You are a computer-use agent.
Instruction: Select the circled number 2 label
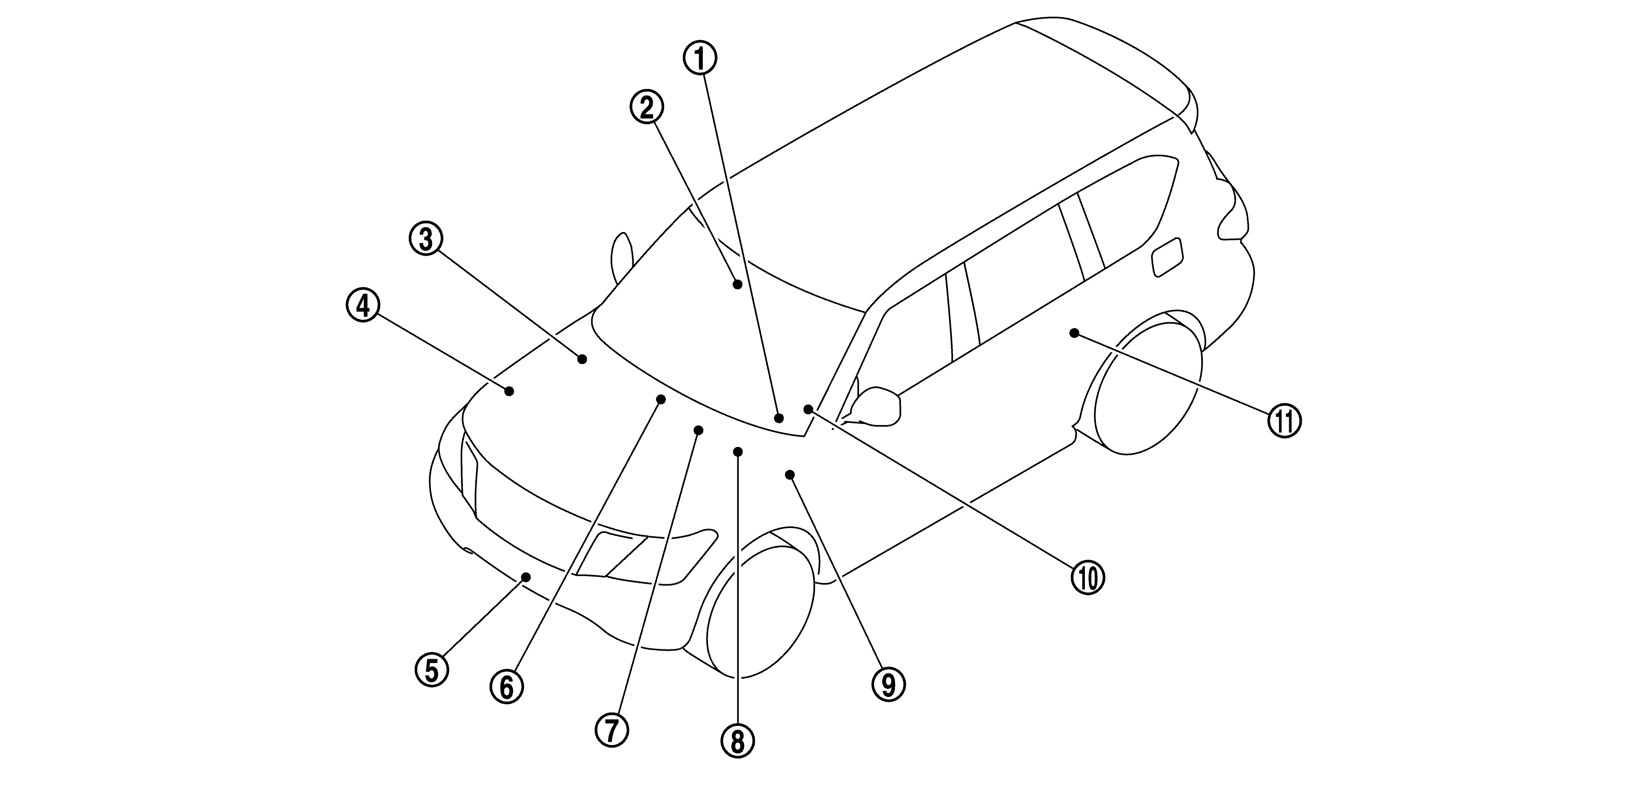pyautogui.click(x=647, y=108)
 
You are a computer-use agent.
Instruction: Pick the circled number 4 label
pyautogui.click(x=363, y=306)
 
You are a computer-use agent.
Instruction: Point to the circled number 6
pyautogui.click(x=507, y=687)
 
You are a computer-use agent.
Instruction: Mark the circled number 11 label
pyautogui.click(x=1284, y=421)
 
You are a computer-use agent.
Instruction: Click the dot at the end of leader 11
pyautogui.click(x=1074, y=333)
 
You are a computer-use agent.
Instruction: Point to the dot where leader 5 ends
pyautogui.click(x=526, y=577)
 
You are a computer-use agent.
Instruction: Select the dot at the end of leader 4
pyautogui.click(x=509, y=391)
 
